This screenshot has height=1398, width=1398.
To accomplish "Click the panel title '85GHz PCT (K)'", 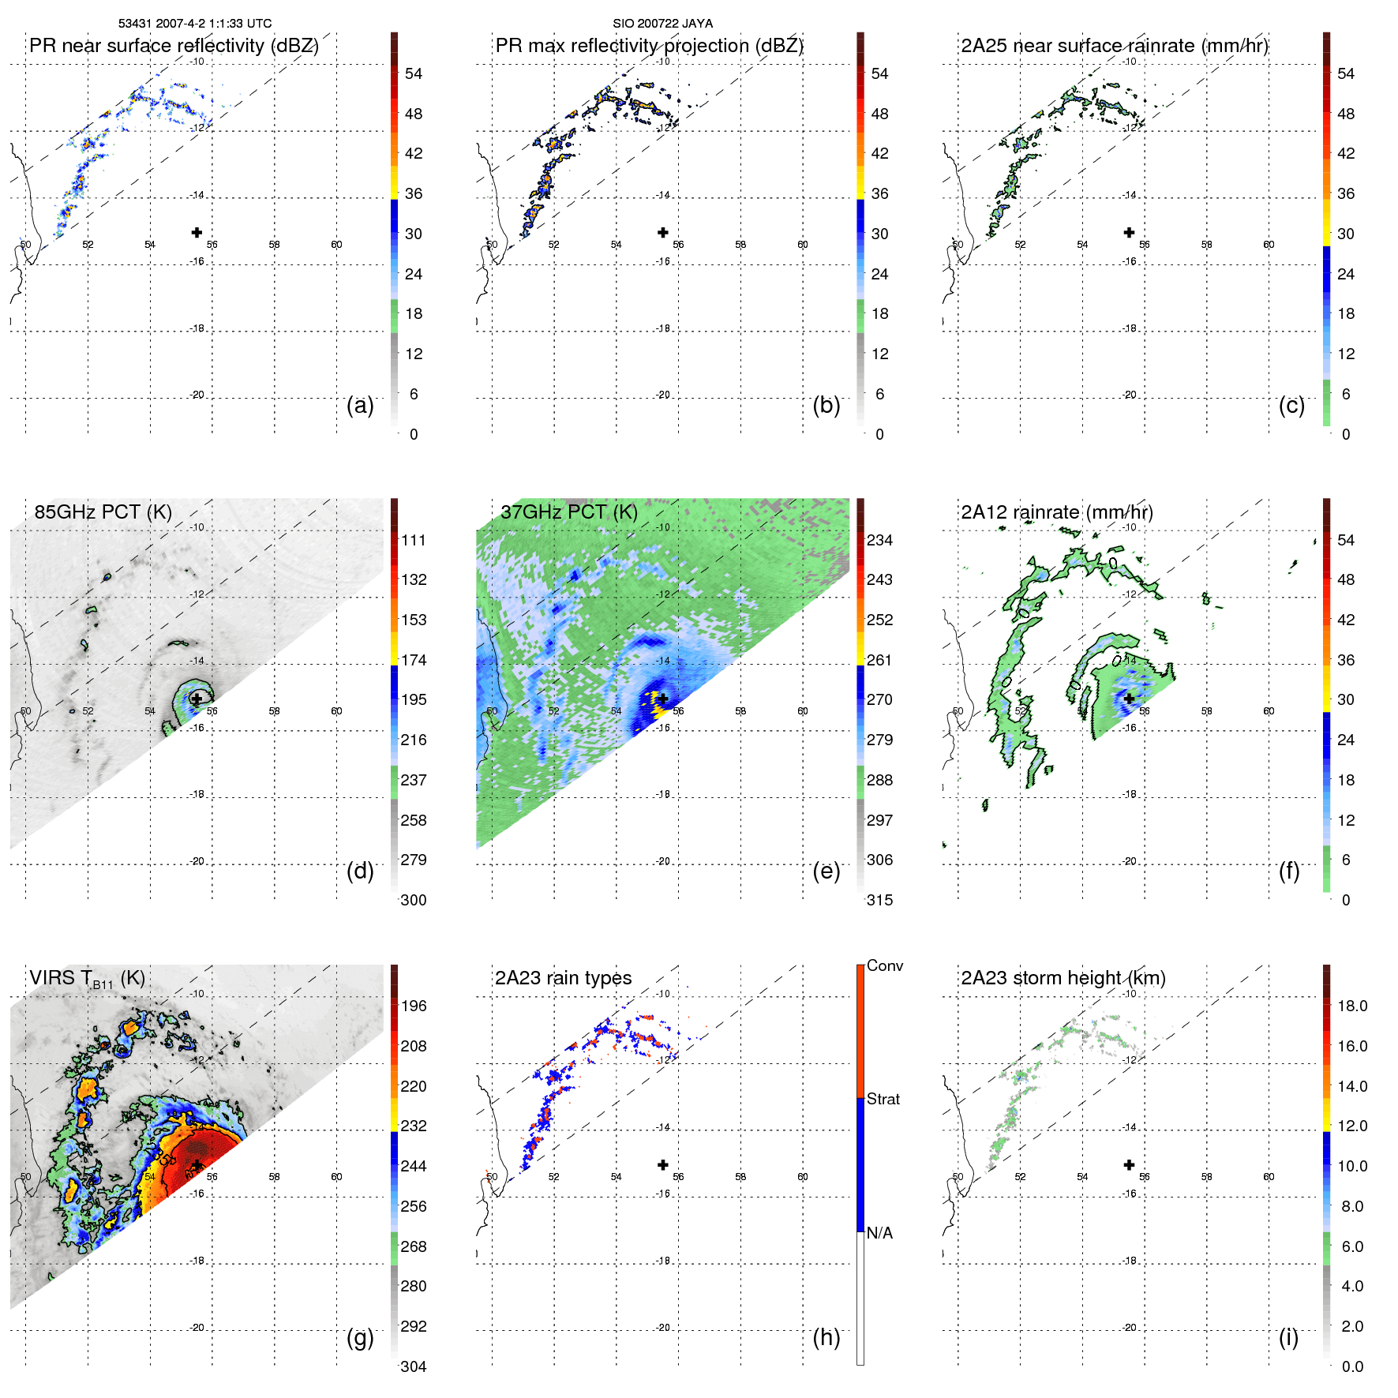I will click(103, 512).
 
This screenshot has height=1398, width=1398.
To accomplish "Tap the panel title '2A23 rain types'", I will click(563, 978).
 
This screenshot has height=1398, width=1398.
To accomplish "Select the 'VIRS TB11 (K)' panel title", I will click(87, 979).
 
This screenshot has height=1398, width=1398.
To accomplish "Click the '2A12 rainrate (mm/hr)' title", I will click(1057, 512).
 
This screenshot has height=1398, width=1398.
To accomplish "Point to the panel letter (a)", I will click(360, 405).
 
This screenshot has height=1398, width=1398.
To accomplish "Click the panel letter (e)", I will click(826, 871).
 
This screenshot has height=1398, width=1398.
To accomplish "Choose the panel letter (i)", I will click(1288, 1337).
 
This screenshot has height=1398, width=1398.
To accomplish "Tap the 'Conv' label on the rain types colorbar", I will click(884, 965).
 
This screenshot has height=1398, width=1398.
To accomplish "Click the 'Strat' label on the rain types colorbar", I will click(883, 1099).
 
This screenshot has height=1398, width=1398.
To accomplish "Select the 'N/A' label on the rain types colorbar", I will click(879, 1233).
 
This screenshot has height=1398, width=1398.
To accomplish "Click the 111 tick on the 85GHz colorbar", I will click(413, 540).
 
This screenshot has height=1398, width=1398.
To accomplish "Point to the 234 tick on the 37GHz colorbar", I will click(879, 540).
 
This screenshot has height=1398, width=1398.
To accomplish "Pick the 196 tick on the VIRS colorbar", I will click(413, 1006).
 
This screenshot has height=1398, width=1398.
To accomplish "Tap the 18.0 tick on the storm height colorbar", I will click(1351, 1006).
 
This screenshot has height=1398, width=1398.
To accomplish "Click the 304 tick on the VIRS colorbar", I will click(413, 1366).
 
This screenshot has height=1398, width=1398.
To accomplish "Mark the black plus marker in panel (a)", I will click(197, 232).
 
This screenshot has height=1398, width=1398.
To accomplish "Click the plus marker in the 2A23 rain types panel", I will click(663, 1164).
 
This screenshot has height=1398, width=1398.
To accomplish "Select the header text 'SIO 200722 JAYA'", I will click(662, 24).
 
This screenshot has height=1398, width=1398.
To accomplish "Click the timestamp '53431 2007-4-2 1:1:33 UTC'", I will click(195, 24).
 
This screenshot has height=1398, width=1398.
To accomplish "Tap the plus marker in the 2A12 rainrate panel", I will click(1129, 699).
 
